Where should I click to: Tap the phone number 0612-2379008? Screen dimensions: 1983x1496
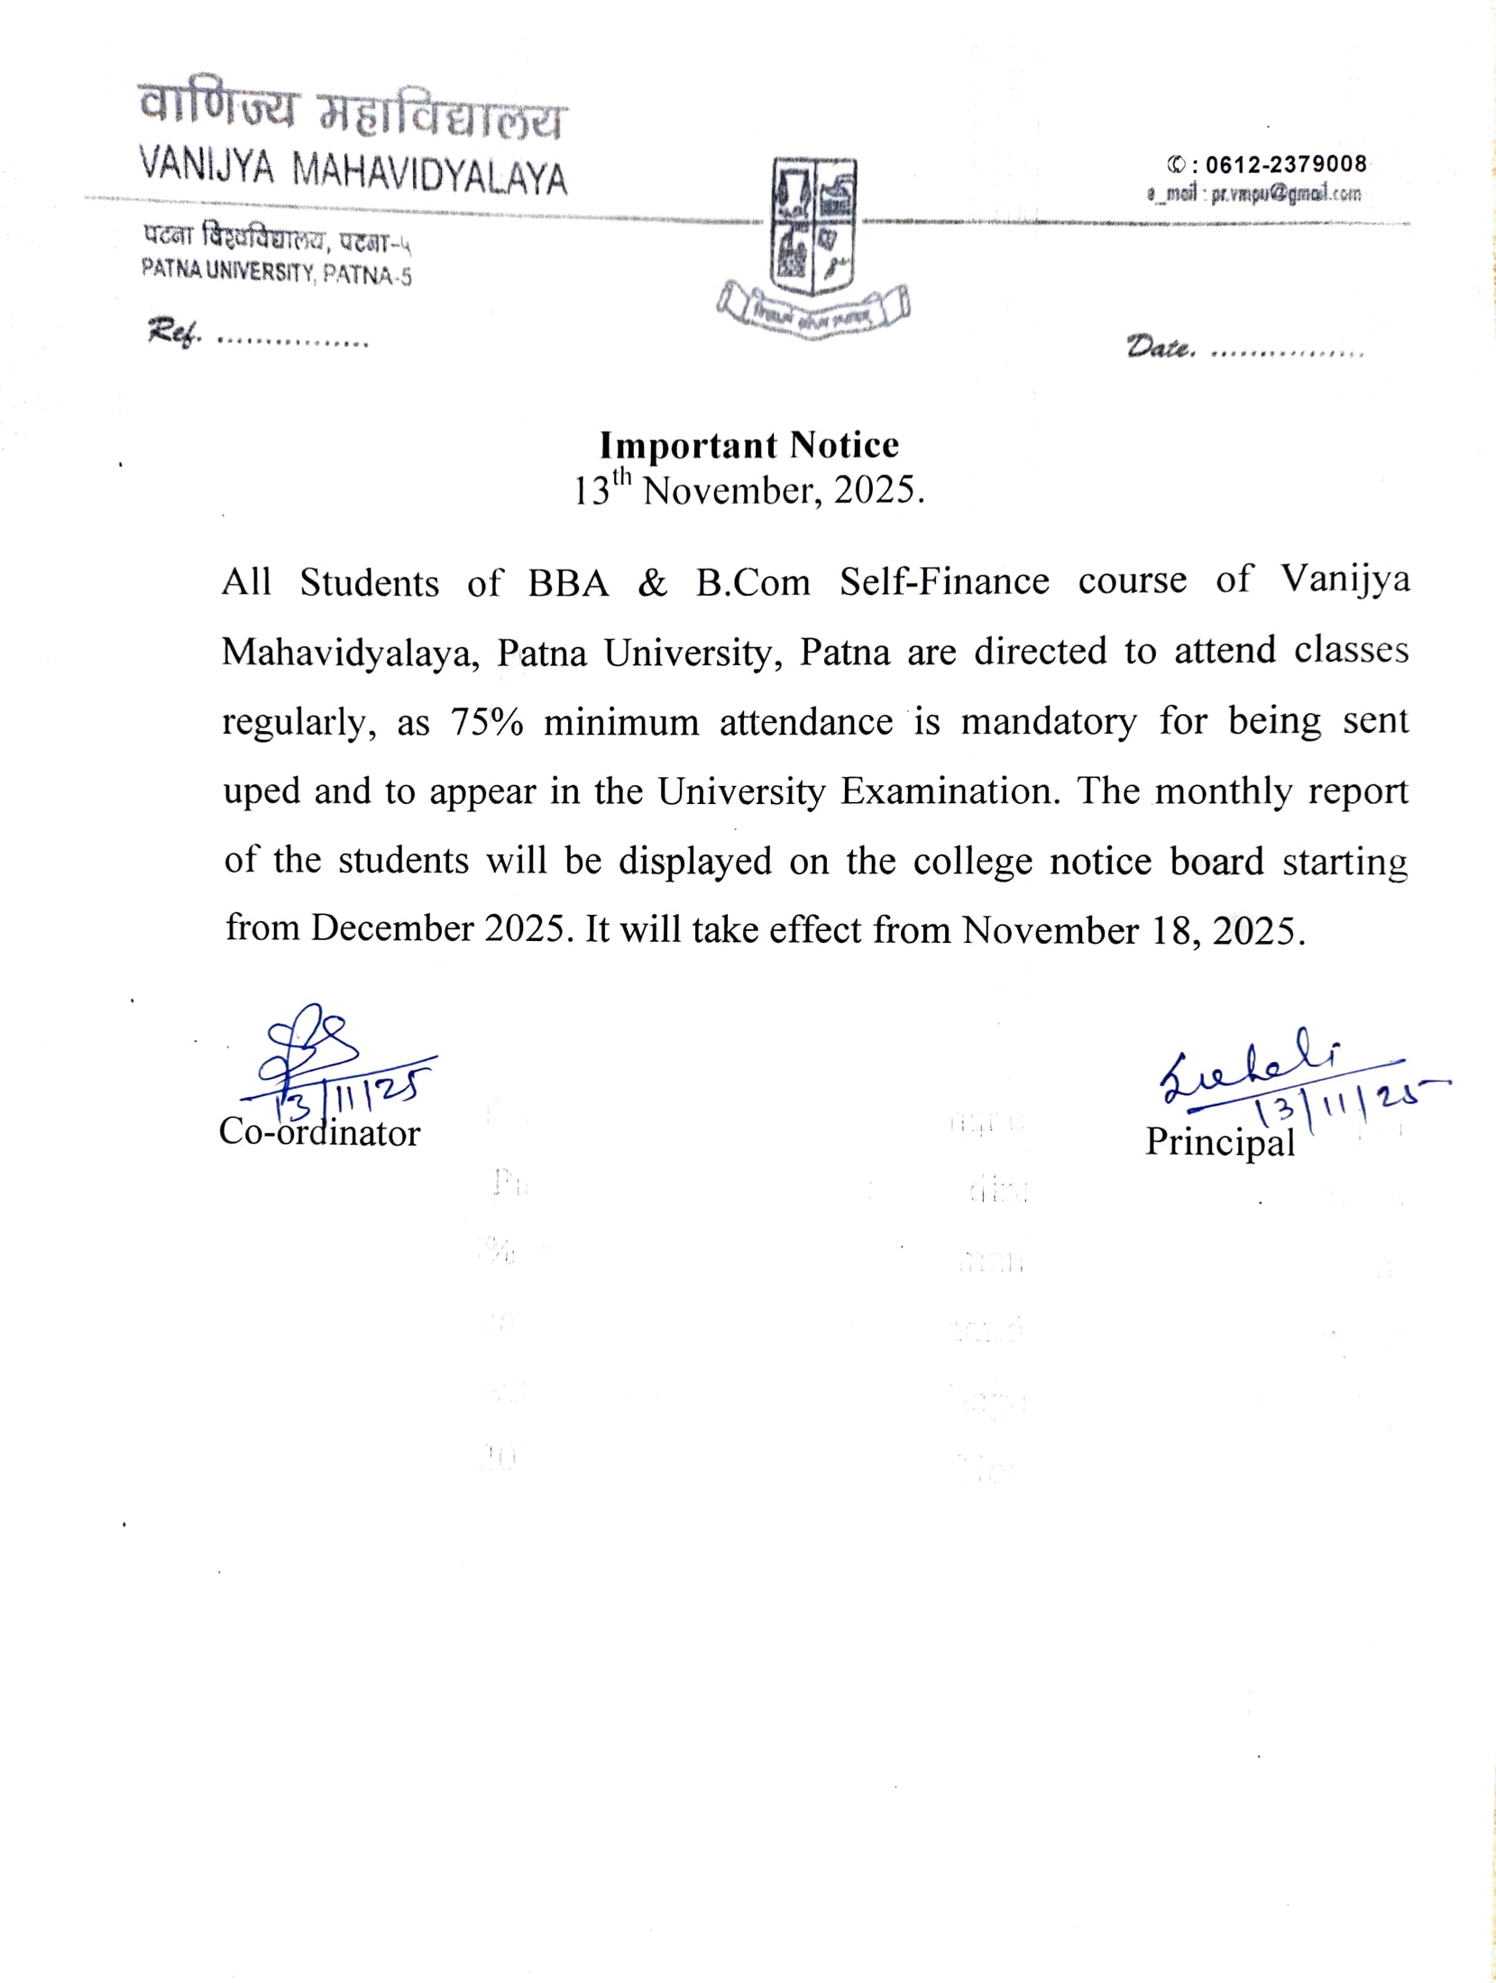tap(1285, 164)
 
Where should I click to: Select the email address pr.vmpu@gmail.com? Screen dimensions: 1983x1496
tap(1285, 194)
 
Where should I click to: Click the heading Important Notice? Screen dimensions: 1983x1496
tap(749, 445)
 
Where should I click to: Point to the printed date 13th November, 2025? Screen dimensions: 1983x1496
tap(749, 490)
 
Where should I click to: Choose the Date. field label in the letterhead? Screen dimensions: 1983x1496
tap(1161, 346)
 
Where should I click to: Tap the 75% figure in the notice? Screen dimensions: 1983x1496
tap(487, 723)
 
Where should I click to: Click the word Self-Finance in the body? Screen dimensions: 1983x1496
tap(944, 582)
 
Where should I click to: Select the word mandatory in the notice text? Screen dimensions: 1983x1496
tap(1048, 722)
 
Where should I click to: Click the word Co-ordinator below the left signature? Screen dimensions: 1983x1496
tap(319, 1132)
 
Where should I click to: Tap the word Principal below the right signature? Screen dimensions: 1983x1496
tap(1219, 1142)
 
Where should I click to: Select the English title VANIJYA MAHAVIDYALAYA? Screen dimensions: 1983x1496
tap(353, 170)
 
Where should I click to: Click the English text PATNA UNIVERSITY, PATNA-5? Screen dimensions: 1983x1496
tap(276, 271)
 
